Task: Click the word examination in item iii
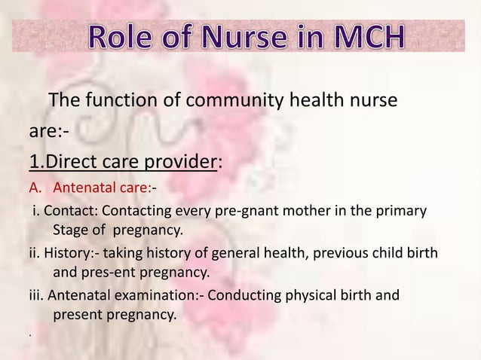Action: pyautogui.click(x=141, y=294)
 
